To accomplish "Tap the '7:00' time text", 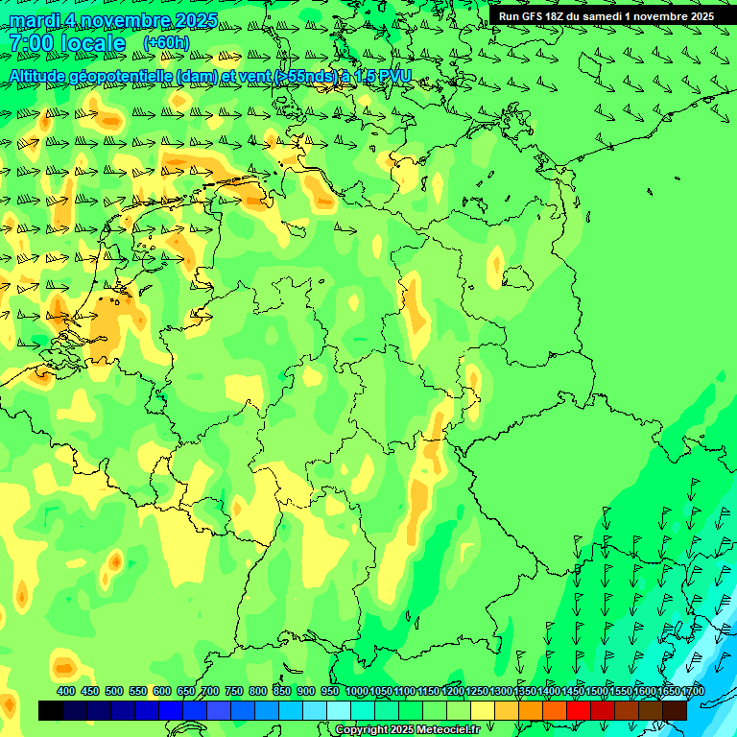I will pos(32,43).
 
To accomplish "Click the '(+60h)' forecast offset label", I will pos(166,43).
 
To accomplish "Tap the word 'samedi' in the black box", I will pos(603,16).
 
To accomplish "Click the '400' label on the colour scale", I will pos(66,691).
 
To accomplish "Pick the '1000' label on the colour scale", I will pos(356,691).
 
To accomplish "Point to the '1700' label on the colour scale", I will pos(692,691).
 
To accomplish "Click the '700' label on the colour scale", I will pos(210,691).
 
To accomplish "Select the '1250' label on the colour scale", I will pos(477,691).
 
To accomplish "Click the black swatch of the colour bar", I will pos(51,710).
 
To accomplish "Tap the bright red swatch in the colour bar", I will pos(579,710).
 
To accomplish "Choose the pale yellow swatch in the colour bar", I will pos(483,710).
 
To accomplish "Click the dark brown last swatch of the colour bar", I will pos(675,710).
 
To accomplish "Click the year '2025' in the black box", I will pos(698,16).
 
